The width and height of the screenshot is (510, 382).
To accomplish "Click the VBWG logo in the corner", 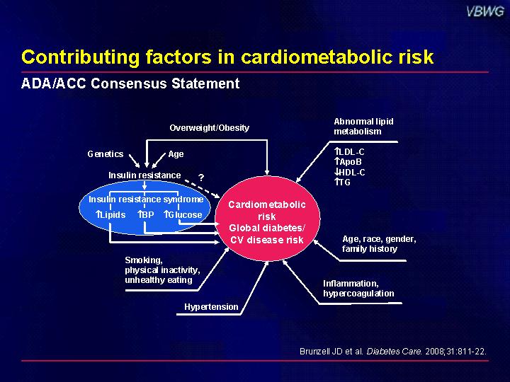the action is point(485,12).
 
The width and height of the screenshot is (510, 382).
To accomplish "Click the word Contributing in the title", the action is point(81,57).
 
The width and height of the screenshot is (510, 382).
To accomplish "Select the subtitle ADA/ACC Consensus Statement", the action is point(130,83).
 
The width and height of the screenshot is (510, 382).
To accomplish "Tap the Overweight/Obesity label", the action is point(210,127).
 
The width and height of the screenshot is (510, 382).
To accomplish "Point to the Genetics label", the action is point(106,154).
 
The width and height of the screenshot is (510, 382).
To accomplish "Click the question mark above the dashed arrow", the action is point(201,178).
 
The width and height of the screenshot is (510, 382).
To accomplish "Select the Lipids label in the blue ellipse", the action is point(110,215).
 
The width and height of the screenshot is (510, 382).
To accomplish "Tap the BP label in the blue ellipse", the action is point(145,215).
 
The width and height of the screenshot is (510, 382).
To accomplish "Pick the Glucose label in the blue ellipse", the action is point(183,215).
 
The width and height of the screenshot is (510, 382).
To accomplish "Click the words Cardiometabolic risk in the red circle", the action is point(267,211).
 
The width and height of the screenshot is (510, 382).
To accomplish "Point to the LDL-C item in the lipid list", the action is point(349,151).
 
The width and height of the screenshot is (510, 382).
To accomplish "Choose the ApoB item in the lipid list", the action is point(348,162).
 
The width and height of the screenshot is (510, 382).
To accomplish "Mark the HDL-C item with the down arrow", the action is point(350,172).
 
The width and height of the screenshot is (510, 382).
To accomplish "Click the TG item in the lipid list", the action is point(343,183).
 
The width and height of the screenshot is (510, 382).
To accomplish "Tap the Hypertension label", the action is point(211,307).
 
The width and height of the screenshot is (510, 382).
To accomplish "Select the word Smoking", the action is point(144,260).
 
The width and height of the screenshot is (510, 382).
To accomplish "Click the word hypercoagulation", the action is point(358,294).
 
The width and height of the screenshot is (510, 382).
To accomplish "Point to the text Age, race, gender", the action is point(379,239).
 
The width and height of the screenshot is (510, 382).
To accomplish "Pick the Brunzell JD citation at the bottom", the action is point(393,352).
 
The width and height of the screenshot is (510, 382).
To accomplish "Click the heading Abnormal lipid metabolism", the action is point(363,127).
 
